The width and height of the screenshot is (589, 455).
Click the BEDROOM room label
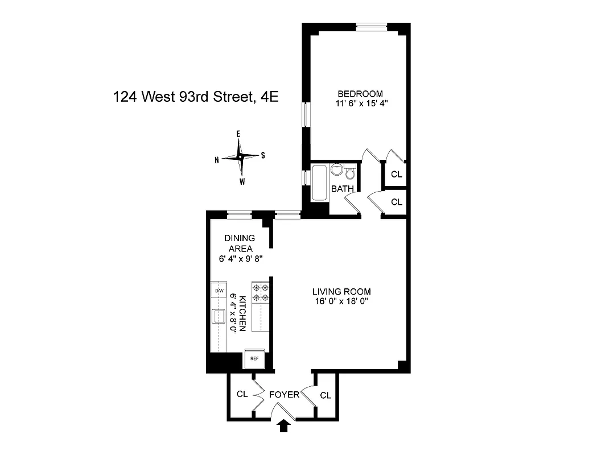point(360,94)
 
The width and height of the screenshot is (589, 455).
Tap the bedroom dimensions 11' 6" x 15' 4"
point(360,104)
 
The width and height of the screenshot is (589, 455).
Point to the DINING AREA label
point(240,243)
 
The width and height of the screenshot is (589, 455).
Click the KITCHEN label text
point(242,313)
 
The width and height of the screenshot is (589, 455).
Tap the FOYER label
point(284,394)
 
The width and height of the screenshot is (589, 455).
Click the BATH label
point(343,188)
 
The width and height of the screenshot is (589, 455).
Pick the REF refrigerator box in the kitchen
point(254,358)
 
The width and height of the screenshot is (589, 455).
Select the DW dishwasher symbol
point(219,291)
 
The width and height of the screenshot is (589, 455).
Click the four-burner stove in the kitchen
point(261,292)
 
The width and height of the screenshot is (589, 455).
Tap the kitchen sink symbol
point(219,316)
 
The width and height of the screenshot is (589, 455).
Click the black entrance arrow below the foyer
point(285,427)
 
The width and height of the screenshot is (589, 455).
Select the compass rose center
point(240,156)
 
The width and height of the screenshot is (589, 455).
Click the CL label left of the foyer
point(242,394)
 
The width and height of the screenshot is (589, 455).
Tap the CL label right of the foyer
point(326,395)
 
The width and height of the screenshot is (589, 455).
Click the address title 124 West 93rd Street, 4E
point(196,97)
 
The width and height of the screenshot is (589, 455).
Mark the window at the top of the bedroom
point(371,26)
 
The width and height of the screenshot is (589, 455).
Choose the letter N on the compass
point(217,160)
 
